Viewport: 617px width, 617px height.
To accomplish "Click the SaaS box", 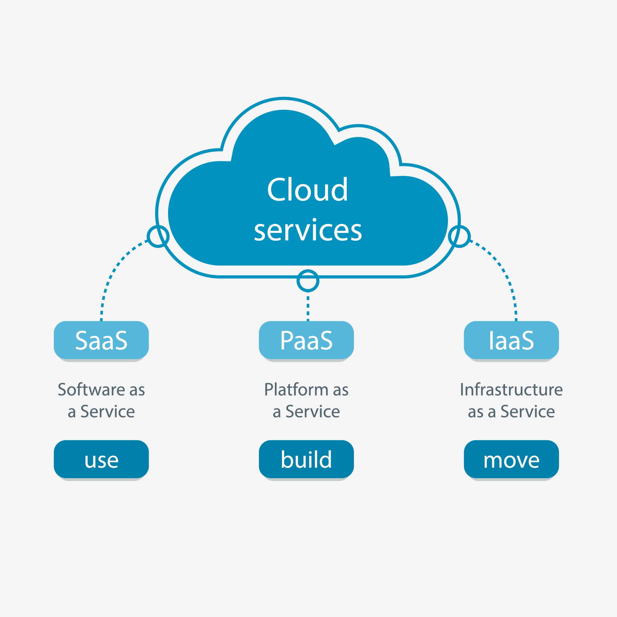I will click(101, 340).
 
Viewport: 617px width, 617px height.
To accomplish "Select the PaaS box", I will click(306, 340).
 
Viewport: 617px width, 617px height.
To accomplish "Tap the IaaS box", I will click(511, 340).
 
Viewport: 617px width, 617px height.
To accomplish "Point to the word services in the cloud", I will click(308, 230).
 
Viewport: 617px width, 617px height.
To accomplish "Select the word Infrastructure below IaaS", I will click(511, 390).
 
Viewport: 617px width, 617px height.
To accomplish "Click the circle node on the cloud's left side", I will click(158, 236).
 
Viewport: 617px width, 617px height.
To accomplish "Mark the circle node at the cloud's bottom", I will click(308, 281).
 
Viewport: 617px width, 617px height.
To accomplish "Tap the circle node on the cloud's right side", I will click(459, 236).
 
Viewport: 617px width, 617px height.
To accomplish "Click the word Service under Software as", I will click(108, 412).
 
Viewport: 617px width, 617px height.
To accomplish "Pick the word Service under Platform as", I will click(313, 412).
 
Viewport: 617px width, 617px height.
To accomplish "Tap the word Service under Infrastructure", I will click(528, 412).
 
